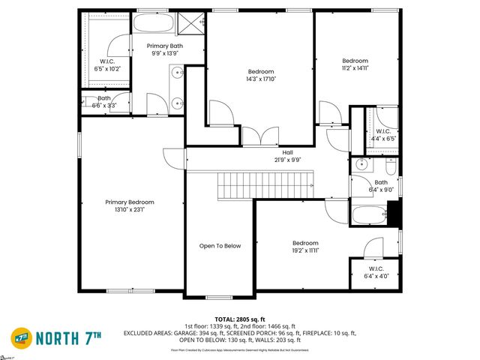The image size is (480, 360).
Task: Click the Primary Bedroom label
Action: [x=130, y=202]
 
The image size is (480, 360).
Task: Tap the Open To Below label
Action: [x=220, y=245]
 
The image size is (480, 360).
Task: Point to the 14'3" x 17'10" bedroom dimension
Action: [x=261, y=79]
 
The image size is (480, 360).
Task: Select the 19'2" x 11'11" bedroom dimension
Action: [x=305, y=251]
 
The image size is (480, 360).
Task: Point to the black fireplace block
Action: [x=396, y=215]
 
